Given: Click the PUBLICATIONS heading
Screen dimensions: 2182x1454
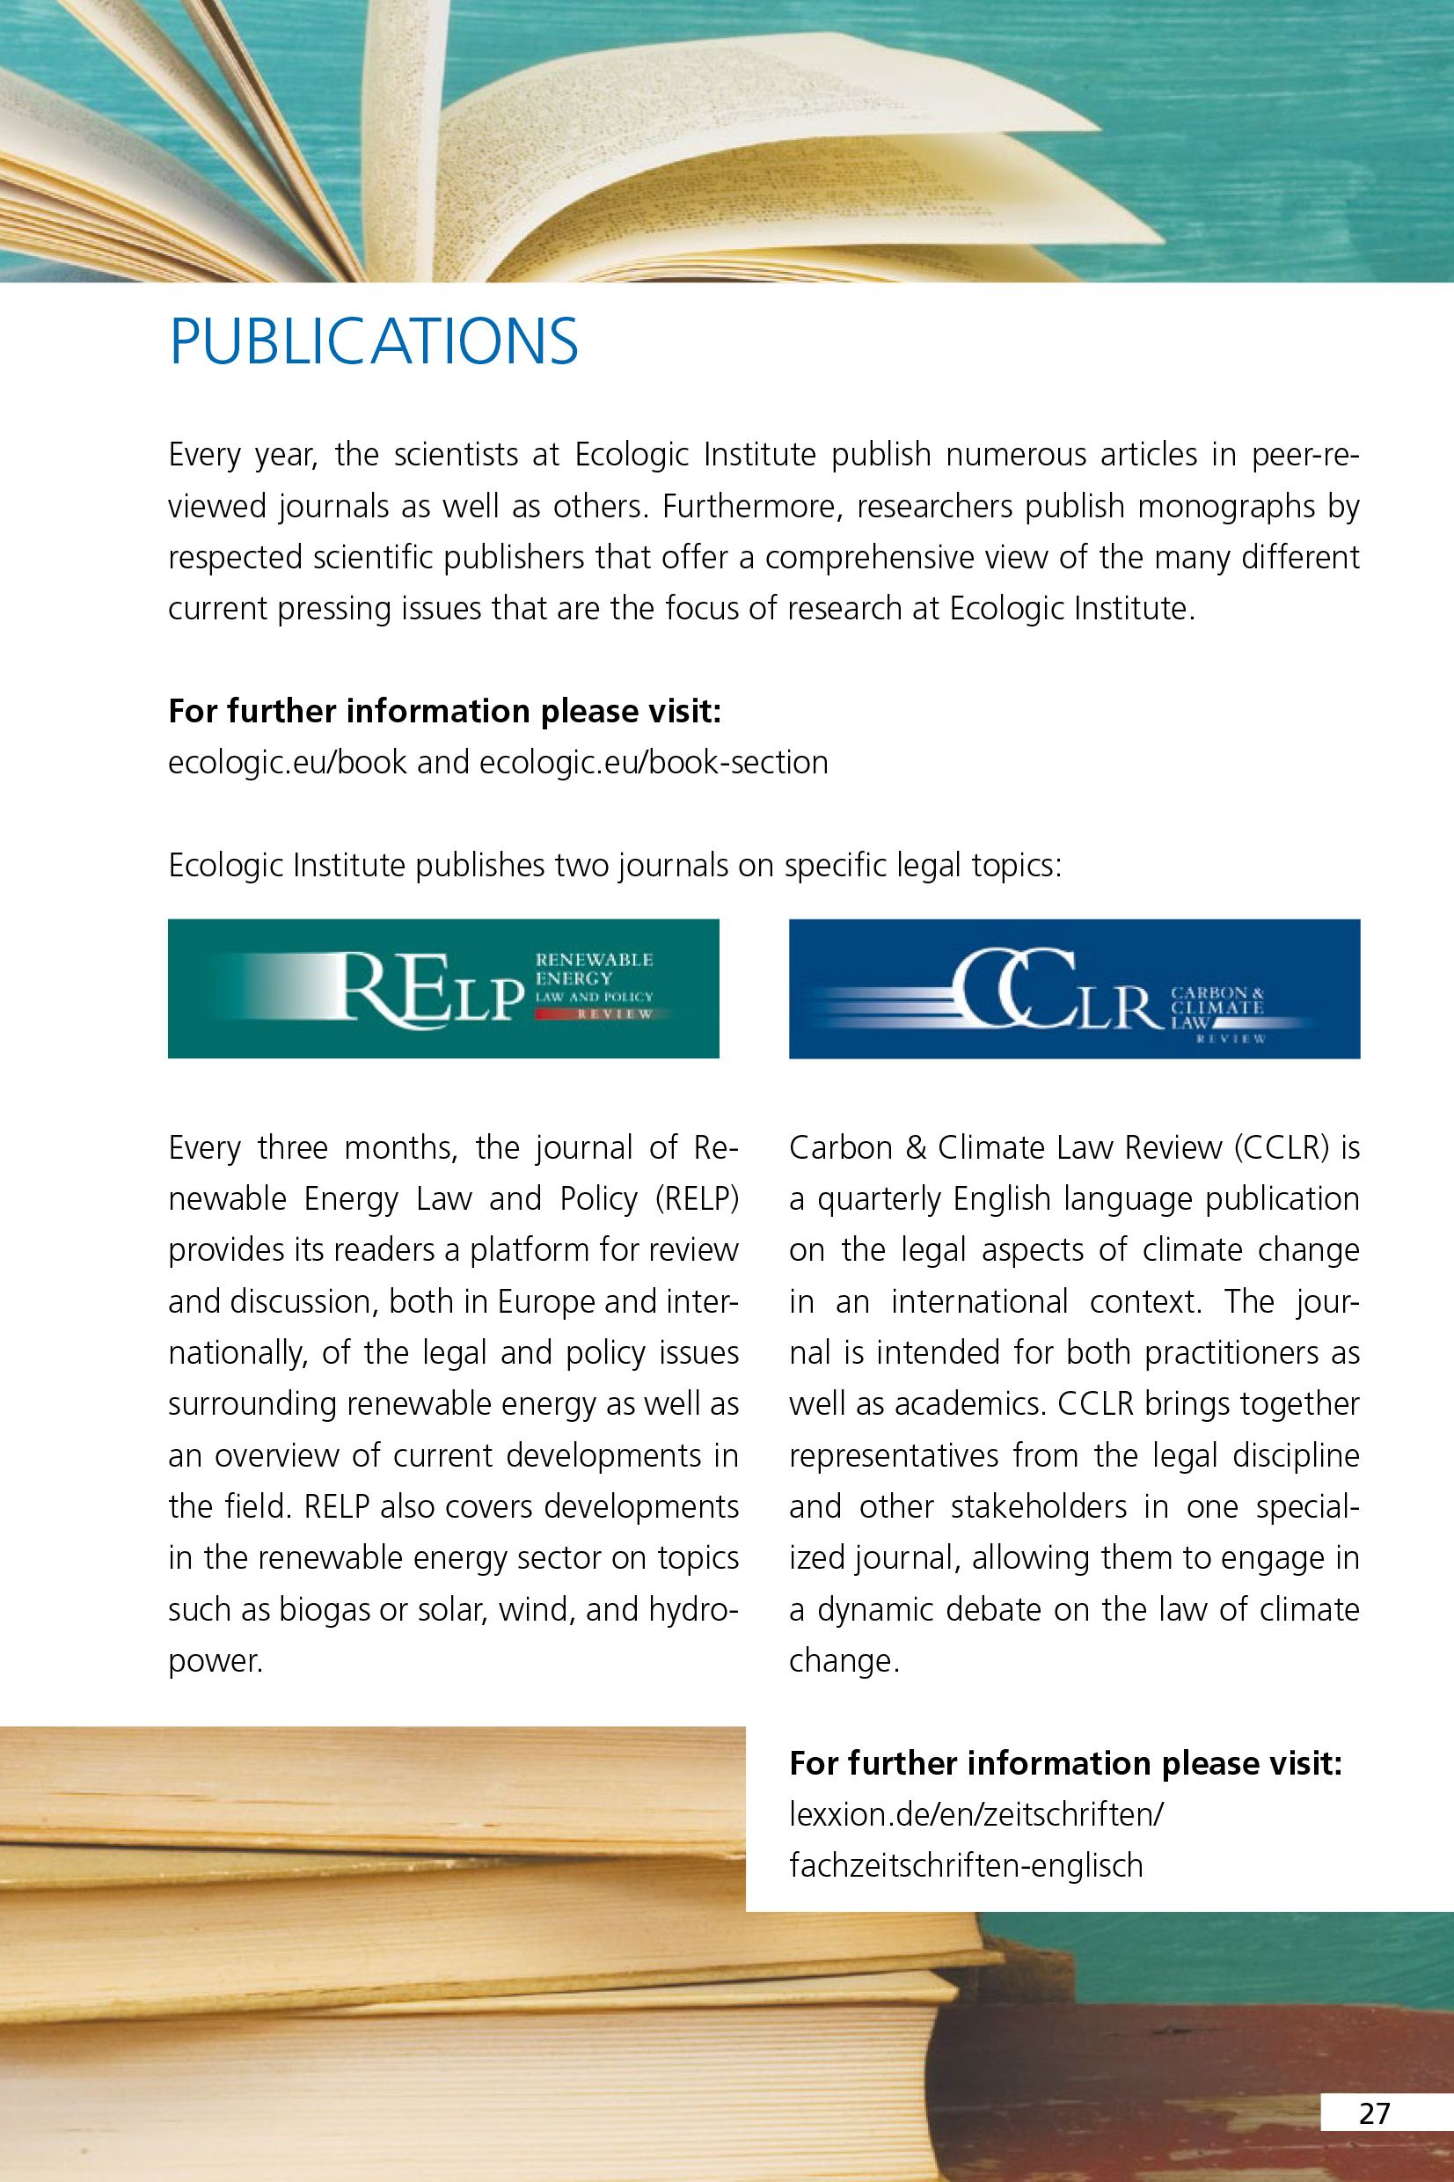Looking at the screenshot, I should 374,341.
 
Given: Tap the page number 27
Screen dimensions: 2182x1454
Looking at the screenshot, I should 1373,2113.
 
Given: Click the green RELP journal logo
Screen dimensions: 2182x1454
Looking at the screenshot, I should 443,989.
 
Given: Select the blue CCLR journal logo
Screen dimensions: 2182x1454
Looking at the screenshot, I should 1074,989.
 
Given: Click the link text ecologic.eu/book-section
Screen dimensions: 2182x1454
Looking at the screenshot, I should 654,762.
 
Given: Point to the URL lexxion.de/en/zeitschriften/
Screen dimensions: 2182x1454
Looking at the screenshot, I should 975,1814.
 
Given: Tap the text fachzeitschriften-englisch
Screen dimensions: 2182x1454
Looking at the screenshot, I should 965,1865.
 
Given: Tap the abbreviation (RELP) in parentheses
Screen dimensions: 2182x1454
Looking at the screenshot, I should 697,1199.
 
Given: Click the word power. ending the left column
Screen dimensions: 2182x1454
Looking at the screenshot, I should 216,1661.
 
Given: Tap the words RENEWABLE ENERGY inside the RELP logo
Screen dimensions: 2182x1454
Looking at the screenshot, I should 593,968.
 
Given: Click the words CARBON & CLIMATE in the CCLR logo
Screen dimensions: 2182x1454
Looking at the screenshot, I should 1217,999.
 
